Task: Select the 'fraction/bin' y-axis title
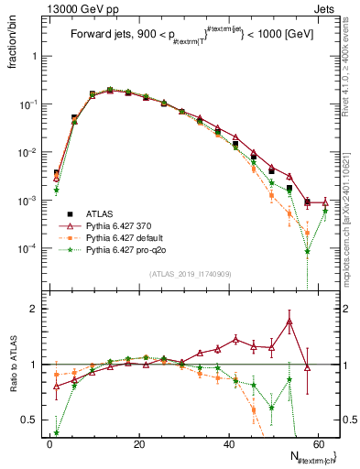(14, 49)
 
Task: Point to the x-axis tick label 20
(139, 444)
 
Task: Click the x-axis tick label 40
(229, 444)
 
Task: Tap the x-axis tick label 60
(319, 444)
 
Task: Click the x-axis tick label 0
(49, 444)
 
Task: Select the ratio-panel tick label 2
(34, 309)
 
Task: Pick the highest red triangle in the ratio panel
(289, 322)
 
